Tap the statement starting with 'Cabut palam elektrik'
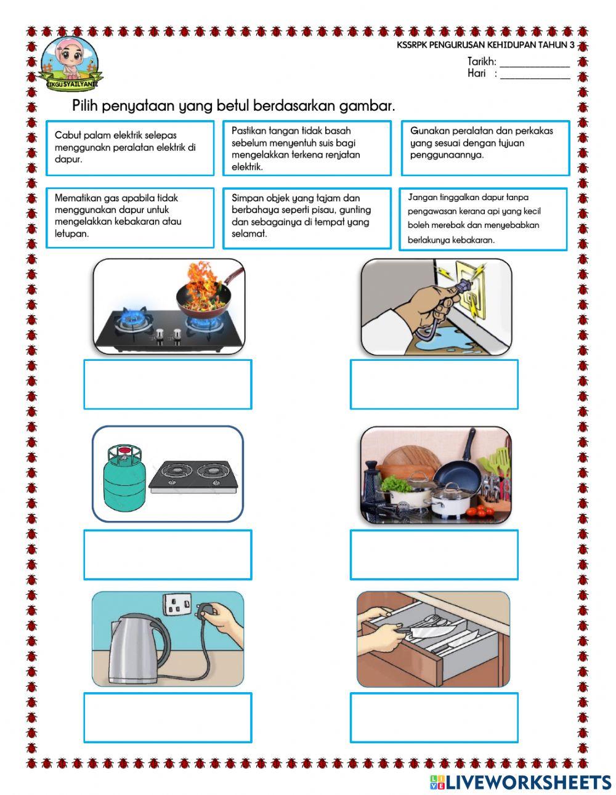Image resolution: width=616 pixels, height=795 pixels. pos(130,148)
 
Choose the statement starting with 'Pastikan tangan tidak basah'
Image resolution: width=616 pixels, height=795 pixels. pos(307,148)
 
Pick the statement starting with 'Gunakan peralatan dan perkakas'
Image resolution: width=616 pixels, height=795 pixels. pos(485,148)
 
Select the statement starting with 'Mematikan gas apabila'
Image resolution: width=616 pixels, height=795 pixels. pos(130,217)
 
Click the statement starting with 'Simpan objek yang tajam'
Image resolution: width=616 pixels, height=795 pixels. pos(307,217)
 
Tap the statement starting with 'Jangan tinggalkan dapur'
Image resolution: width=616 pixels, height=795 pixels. pos(483,219)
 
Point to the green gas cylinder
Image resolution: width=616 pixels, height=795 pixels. pos(124,478)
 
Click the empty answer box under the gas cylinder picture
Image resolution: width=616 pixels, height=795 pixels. pos(168,555)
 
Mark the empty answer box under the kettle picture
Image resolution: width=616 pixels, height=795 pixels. pos(168,717)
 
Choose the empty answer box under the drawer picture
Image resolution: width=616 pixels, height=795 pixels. pos(434,717)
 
